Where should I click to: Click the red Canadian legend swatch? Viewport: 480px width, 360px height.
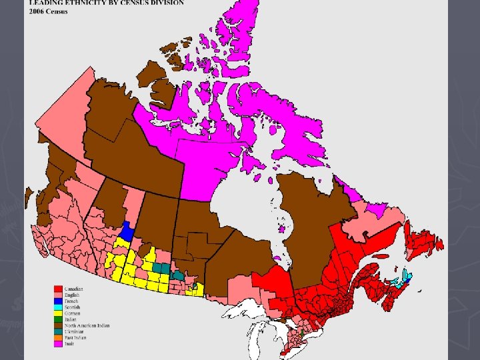point(59,289)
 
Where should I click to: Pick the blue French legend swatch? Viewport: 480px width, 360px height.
point(59,300)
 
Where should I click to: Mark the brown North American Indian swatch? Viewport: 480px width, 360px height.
point(59,326)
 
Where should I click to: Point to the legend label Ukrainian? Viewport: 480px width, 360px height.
point(74,331)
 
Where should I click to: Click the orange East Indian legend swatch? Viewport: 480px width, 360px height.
point(59,337)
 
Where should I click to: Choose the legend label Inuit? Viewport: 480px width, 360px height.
point(69,343)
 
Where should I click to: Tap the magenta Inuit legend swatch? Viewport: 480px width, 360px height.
point(59,343)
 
